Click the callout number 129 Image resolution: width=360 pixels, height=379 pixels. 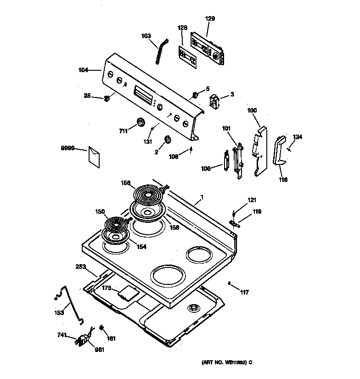tap(209, 19)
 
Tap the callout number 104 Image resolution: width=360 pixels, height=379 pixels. tap(83, 70)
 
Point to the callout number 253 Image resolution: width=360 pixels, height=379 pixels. tap(80, 266)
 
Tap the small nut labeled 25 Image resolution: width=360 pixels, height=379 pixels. tap(107, 98)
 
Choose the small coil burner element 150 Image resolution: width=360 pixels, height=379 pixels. tap(117, 225)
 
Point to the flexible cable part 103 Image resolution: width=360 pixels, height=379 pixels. tap(159, 54)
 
